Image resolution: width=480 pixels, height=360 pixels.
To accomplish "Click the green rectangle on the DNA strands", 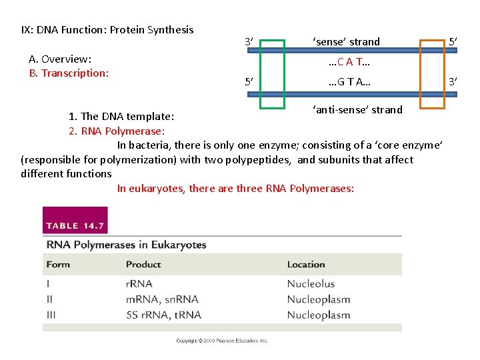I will pos(272,41).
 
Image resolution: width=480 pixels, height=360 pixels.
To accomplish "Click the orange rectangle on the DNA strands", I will pos(431,41).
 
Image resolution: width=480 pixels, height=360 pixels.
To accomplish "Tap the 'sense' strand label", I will pos(346,41).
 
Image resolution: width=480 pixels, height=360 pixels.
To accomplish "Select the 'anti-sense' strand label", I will pos(357,109).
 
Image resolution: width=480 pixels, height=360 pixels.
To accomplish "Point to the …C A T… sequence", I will pos(349,62).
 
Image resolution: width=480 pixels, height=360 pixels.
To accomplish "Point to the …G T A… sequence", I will pos(349,83).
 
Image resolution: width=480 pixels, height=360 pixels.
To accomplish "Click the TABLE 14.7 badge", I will pos(75,226).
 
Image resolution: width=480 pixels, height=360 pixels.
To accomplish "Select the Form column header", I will pos(58,265).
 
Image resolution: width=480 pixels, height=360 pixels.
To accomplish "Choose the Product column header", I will pos(143,265).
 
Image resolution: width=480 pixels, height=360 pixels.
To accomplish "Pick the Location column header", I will pos(306,265).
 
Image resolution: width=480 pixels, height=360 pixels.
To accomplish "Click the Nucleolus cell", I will pos(311,284).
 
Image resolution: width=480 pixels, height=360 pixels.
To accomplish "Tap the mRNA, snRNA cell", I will pos(162,299).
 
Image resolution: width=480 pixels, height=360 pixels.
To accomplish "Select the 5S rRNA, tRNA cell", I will pos(163,315).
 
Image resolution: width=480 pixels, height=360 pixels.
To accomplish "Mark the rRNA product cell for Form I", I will pos(139,284).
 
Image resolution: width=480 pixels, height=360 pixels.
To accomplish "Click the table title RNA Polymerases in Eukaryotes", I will pos(126,245).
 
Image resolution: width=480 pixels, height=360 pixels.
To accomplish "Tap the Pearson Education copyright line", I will pos(222,341).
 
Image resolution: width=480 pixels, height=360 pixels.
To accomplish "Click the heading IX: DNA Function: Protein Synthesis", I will pos(107,29).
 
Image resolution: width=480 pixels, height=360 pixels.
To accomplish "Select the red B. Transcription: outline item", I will pos(69,73).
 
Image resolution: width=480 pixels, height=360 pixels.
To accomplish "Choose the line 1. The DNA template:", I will pos(121,117).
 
